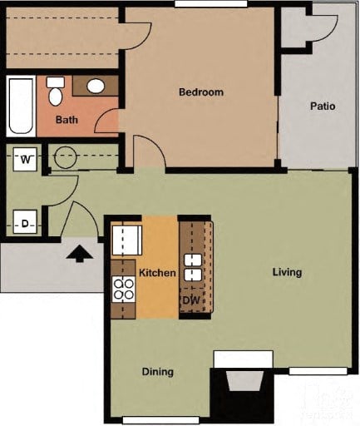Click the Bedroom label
coord(201,92)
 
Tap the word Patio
coord(323,106)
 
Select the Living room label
coord(287,272)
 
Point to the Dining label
coord(157,371)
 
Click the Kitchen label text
coord(157,273)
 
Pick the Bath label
coord(67,120)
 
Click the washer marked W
coord(25,158)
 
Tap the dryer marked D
coord(25,223)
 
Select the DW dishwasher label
coord(190,300)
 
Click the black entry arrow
coord(80,251)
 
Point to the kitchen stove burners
coord(124,289)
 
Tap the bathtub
coord(21,106)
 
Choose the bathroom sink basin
coord(96,86)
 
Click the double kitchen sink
coord(193,267)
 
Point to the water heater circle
coord(64,156)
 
